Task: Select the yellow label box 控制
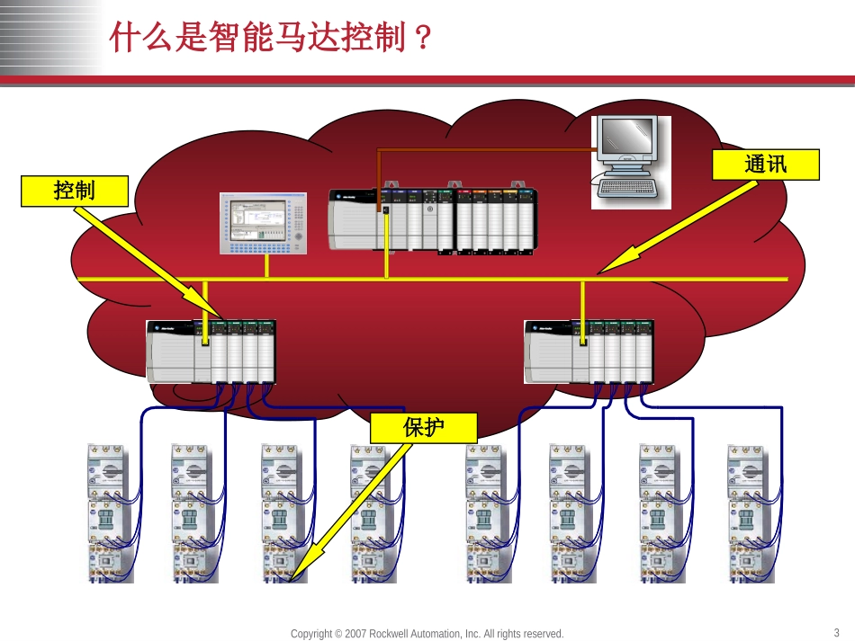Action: point(75,191)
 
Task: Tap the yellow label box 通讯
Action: point(765,165)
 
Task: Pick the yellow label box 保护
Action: point(423,428)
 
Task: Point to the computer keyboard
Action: point(630,188)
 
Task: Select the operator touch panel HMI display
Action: point(263,223)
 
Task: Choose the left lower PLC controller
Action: point(211,351)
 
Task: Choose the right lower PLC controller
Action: point(589,351)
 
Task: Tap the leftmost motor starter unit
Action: point(111,512)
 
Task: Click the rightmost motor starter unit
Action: point(748,512)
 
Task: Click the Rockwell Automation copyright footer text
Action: point(427,634)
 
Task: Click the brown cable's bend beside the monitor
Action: point(379,149)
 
